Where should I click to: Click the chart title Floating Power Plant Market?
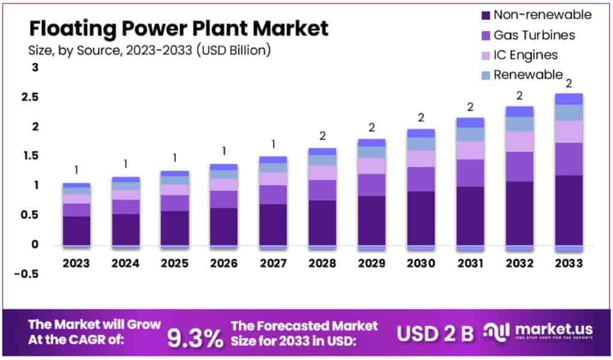[x=179, y=28]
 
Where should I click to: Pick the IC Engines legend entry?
[x=520, y=55]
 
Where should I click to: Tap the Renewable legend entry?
[x=522, y=75]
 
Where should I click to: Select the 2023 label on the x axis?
[x=76, y=263]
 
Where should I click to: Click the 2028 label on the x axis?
[x=322, y=263]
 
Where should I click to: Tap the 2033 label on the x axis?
[x=568, y=263]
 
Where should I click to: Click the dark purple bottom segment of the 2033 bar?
[x=568, y=210]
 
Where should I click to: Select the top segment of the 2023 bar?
[x=76, y=185]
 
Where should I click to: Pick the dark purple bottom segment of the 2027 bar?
[x=273, y=224]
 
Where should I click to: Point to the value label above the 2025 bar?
[x=175, y=158]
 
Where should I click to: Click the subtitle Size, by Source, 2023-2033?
[x=150, y=50]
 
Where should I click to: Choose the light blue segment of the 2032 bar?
[x=519, y=124]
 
